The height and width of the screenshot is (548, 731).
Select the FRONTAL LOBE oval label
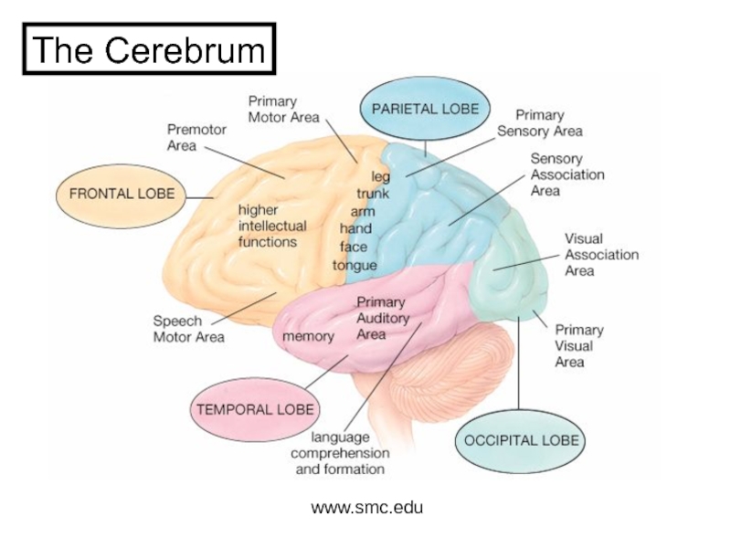click(x=122, y=194)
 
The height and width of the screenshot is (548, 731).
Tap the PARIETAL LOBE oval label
click(x=424, y=108)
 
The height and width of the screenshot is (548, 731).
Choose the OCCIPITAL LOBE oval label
click(x=521, y=439)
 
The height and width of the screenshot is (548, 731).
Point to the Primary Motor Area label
click(x=283, y=109)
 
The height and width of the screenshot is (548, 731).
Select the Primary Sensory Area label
click(x=539, y=123)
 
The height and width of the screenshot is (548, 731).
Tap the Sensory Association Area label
click(x=567, y=174)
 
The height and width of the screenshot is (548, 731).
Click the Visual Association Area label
click(x=600, y=255)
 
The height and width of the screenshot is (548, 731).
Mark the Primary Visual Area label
click(x=578, y=346)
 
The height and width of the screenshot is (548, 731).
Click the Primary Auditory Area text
click(x=383, y=317)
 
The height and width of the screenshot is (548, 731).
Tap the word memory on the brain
click(x=308, y=336)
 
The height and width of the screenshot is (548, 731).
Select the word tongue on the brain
click(x=355, y=266)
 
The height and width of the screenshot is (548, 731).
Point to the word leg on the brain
click(x=379, y=175)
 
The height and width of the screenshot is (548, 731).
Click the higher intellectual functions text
click(x=272, y=226)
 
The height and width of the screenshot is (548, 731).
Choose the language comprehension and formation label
click(x=339, y=453)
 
